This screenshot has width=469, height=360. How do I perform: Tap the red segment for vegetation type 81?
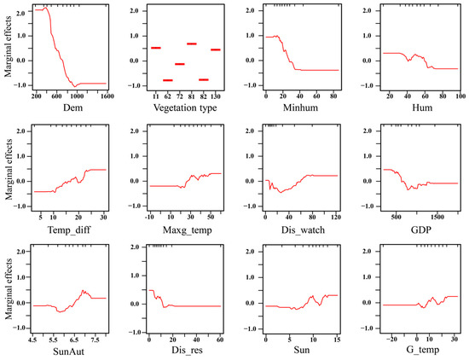(x=192, y=44)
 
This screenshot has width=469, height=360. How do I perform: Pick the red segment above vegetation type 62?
(x=168, y=79)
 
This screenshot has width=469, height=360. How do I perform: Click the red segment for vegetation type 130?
(x=216, y=49)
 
